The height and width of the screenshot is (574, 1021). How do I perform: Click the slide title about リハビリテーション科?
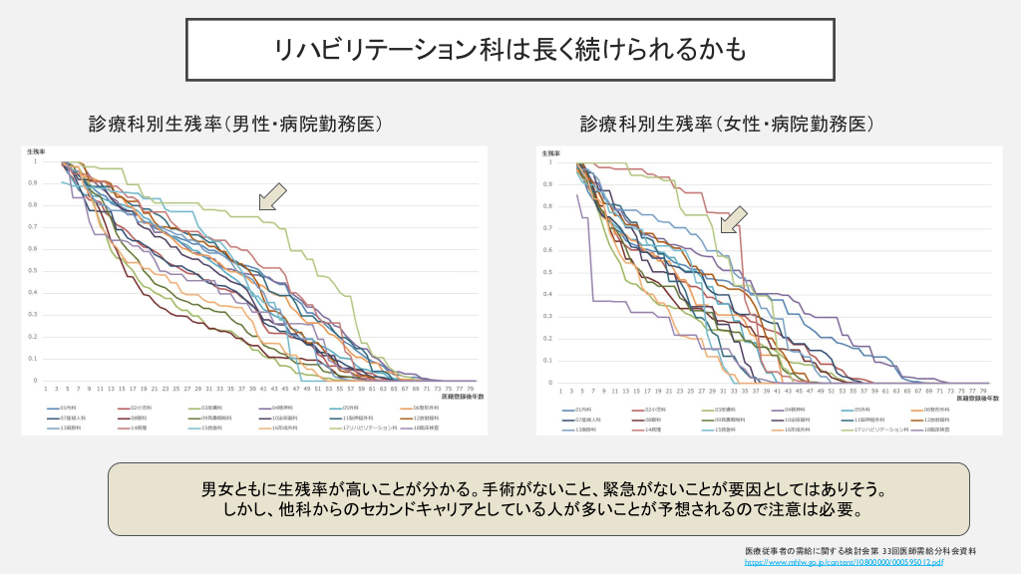[x=510, y=49]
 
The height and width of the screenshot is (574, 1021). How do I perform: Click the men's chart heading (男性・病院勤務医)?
[x=236, y=125]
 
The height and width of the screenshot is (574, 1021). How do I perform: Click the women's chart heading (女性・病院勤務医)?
[x=727, y=125]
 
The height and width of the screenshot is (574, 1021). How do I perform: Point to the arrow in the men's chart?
[x=272, y=196]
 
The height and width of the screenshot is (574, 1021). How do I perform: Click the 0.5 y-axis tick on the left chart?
[x=34, y=271]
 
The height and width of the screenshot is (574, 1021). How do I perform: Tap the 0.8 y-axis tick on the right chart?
[x=548, y=206]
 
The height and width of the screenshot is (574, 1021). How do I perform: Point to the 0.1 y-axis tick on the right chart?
[x=548, y=360]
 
